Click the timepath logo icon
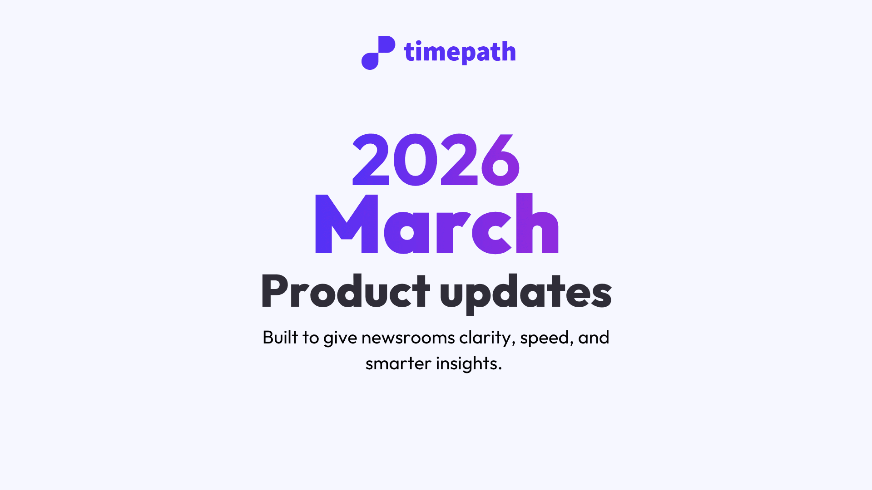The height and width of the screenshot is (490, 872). (378, 53)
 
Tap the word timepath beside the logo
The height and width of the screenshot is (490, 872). (460, 52)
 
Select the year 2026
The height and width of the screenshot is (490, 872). (436, 160)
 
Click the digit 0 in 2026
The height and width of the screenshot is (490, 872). (415, 160)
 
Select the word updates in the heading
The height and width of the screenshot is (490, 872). (526, 293)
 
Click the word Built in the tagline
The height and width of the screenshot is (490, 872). (280, 338)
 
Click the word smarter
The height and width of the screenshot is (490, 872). (398, 364)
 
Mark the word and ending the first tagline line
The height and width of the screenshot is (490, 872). (594, 338)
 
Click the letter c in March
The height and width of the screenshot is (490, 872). (491, 231)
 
